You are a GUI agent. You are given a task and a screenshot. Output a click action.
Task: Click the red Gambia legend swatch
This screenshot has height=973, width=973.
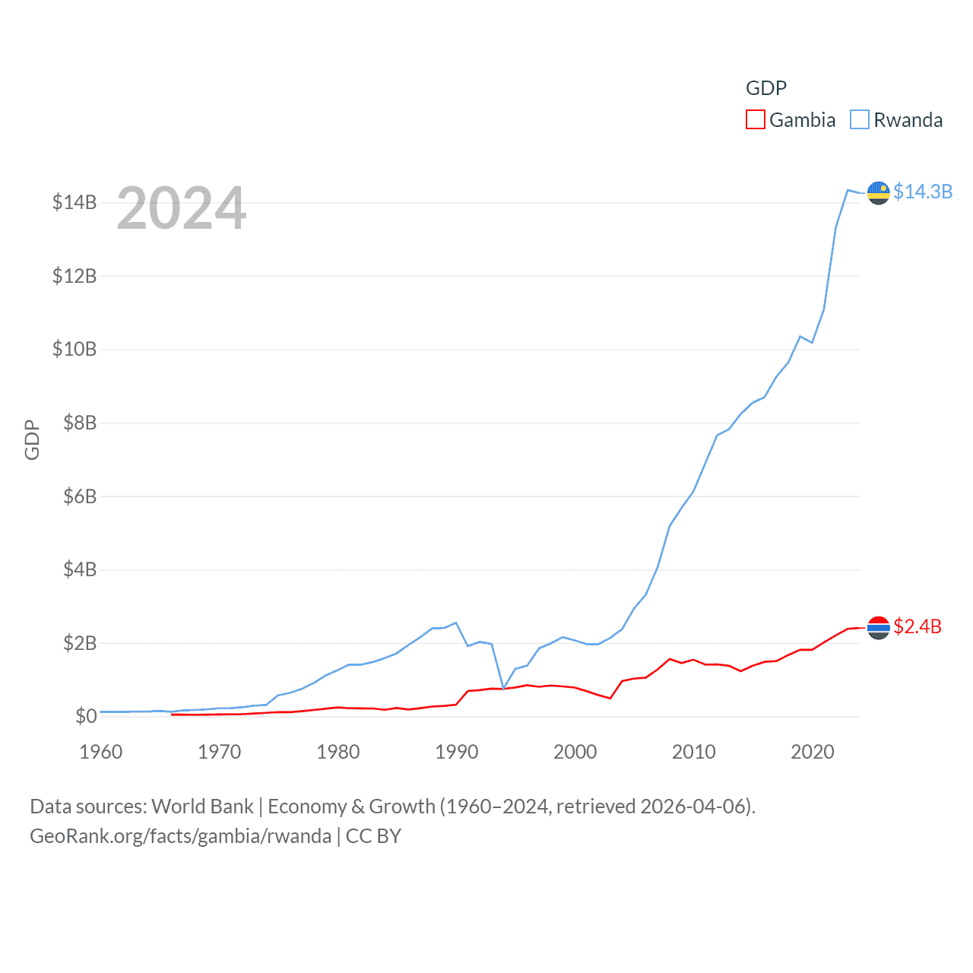point(755,120)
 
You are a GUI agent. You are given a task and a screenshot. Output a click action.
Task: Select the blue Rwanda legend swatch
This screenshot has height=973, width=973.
point(859,120)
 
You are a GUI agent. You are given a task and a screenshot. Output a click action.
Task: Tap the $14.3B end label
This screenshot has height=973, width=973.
point(922,192)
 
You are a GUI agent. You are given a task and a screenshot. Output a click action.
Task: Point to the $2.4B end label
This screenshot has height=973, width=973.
point(917,626)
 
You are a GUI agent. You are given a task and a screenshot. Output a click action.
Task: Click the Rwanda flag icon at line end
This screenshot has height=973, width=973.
point(878,193)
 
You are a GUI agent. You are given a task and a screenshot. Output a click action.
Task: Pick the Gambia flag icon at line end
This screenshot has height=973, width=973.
point(878,627)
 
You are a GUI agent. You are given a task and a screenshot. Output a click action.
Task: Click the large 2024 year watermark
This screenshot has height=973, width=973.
point(182,208)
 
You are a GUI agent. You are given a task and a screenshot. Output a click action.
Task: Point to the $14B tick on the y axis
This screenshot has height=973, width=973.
point(74,202)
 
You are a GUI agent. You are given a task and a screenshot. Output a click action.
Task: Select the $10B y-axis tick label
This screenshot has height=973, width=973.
point(74,349)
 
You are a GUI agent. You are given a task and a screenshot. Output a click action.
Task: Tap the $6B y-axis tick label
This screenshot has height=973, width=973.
point(79,496)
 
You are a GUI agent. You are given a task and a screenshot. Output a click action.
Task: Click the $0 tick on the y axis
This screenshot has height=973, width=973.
point(85,716)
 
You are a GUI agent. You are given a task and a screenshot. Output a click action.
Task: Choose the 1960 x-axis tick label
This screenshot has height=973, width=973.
point(101,752)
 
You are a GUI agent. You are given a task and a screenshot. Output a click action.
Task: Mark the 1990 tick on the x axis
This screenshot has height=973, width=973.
point(456,752)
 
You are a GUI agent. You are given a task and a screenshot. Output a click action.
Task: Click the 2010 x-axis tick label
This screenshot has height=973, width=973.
point(693,752)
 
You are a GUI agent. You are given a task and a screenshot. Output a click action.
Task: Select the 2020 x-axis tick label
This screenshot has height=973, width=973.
point(812,752)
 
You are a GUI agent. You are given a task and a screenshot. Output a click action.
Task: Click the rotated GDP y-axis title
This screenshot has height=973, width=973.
point(32,439)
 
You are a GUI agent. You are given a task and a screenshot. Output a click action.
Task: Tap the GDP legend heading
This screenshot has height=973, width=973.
point(765,88)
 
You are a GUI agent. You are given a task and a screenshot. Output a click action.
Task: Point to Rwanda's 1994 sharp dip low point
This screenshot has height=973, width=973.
point(503,688)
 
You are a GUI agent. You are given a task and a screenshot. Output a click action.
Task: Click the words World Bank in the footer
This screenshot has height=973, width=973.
point(202,806)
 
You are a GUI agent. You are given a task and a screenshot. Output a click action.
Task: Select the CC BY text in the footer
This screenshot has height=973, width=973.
point(373,836)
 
